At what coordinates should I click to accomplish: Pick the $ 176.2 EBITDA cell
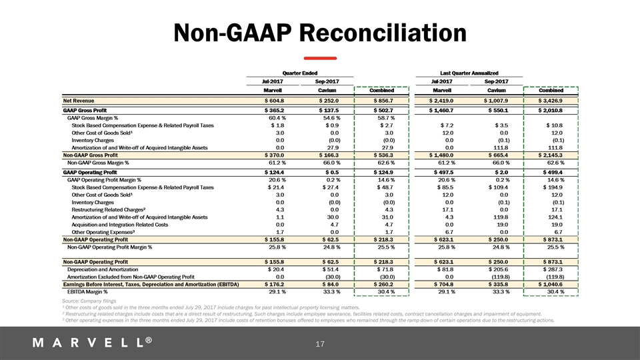(275, 285)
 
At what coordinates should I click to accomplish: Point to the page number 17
(319, 344)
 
